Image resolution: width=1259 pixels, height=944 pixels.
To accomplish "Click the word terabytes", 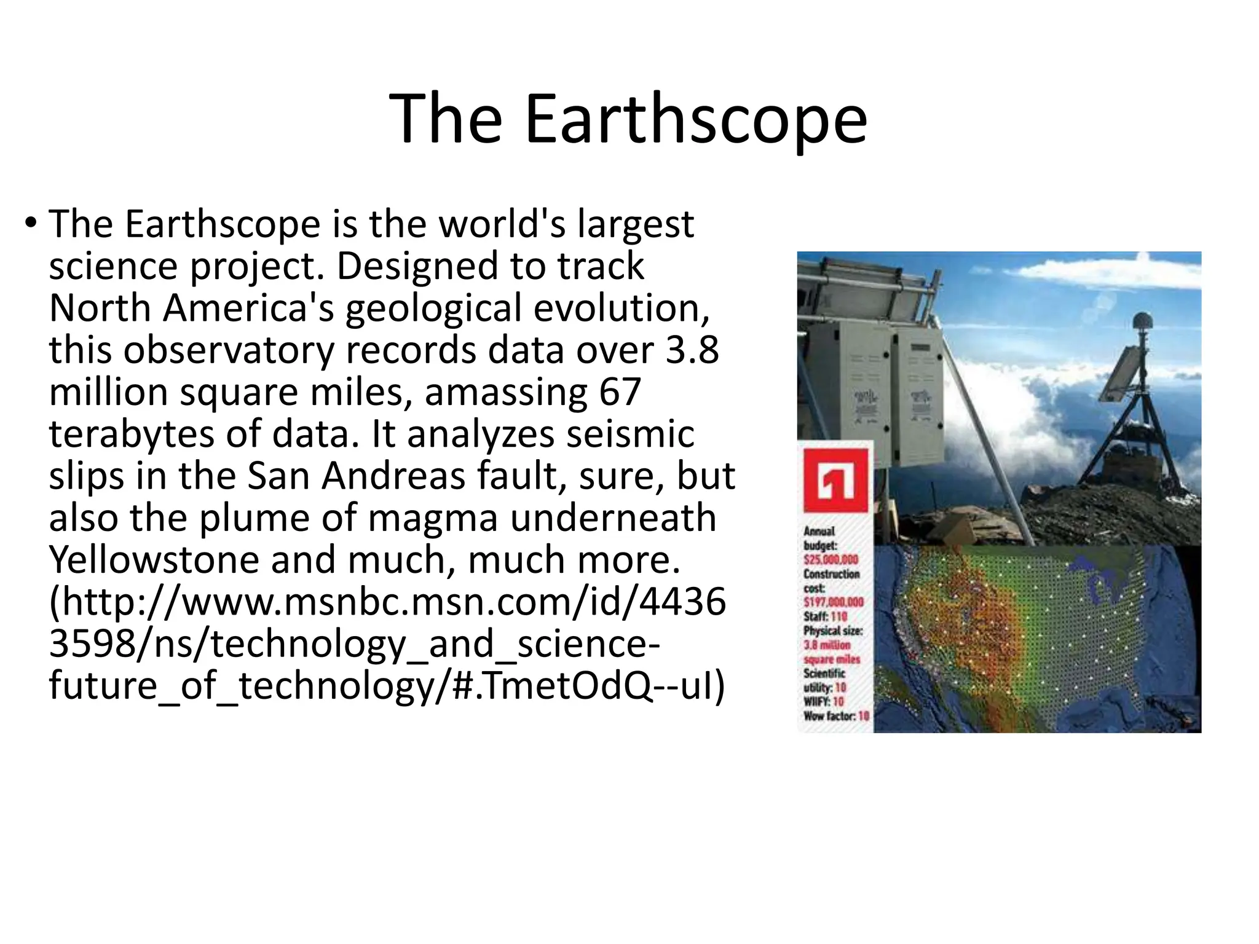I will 130,434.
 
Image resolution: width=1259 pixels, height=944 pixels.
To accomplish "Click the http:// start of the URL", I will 114,602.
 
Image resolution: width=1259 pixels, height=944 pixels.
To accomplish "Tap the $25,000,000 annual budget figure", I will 831,560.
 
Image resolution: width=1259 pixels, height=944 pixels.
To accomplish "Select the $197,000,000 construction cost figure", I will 833,602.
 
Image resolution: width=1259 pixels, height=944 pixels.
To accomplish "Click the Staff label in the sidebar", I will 815,616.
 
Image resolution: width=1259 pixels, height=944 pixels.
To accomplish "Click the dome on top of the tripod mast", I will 1142,321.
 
